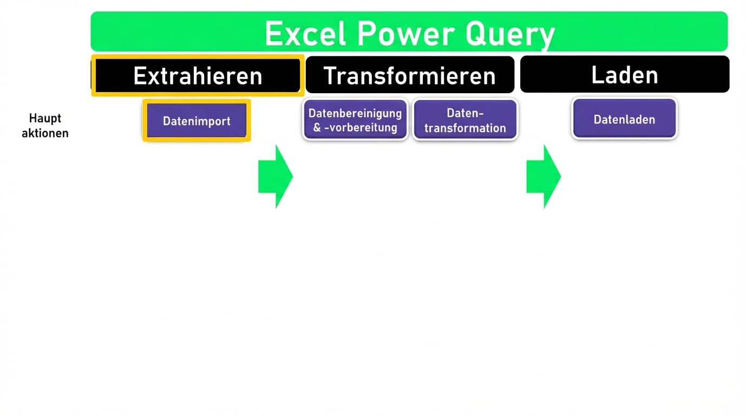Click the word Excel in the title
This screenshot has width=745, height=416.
[x=305, y=34]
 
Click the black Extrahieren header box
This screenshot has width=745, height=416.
[x=198, y=75]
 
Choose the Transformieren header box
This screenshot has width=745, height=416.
[x=409, y=75]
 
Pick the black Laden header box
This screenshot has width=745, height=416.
[x=624, y=75]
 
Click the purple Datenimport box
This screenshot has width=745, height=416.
[x=197, y=121]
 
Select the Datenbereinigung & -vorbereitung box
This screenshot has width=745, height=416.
[x=355, y=120]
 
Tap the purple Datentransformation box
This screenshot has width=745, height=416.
[x=465, y=120]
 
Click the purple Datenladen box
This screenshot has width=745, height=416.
[x=624, y=119]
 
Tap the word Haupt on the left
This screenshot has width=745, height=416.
[x=45, y=118]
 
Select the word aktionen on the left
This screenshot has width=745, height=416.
[x=45, y=133]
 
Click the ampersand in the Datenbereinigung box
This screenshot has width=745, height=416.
[x=317, y=128]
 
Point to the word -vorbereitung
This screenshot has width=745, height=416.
[x=361, y=128]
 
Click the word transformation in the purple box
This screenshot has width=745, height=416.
[x=465, y=128]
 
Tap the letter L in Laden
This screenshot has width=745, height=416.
[x=597, y=75]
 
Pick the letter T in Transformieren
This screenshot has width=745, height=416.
[x=330, y=76]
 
